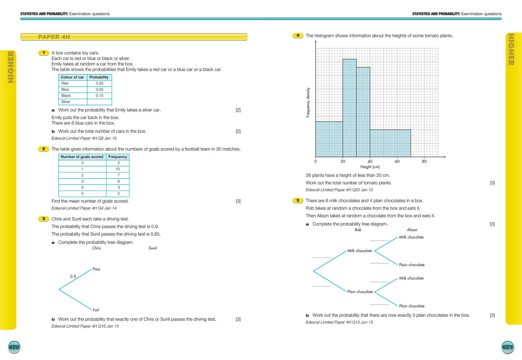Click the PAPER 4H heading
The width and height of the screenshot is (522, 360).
[54, 37]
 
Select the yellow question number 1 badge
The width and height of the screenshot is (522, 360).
[43, 53]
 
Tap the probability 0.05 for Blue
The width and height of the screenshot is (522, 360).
[100, 89]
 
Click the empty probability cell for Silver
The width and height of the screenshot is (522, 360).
[100, 102]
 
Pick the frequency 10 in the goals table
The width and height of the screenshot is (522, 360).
[118, 169]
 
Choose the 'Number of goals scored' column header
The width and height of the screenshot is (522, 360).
[82, 157]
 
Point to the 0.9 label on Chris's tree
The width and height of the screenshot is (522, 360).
[73, 277]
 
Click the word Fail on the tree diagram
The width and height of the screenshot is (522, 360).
[96, 310]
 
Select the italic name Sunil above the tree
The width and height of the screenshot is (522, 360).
[152, 248]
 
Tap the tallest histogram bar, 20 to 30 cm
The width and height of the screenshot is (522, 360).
[349, 108]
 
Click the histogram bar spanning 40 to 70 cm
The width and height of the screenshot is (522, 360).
[390, 143]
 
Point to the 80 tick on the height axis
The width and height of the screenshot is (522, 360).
[424, 161]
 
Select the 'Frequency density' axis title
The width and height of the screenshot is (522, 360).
[308, 102]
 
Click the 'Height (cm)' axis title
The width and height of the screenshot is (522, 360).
[370, 167]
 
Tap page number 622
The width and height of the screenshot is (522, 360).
[14, 347]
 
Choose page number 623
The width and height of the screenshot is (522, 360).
[507, 347]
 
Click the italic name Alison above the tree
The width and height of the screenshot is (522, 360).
[412, 230]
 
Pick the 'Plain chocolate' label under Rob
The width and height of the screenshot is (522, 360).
[360, 292]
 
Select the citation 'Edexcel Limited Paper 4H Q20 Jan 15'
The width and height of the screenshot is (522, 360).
[339, 190]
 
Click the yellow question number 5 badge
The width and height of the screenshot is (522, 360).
[298, 200]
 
